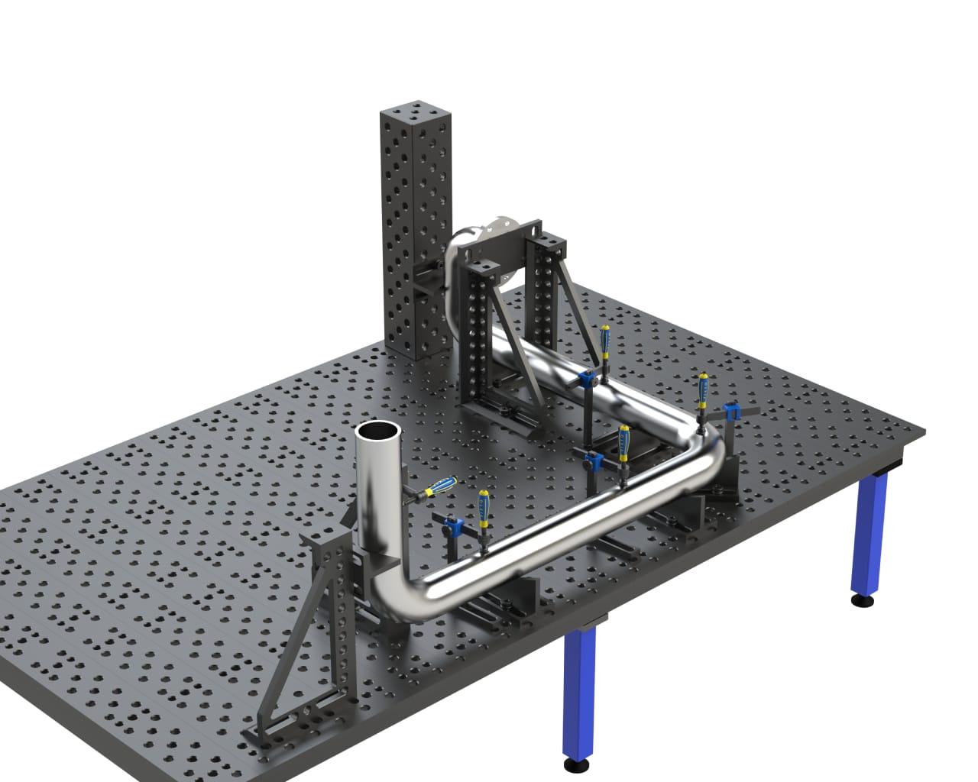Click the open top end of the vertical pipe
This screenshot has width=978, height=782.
click(378, 432)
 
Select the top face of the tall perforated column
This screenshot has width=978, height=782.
click(413, 109)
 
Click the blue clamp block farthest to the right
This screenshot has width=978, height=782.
click(731, 413)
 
